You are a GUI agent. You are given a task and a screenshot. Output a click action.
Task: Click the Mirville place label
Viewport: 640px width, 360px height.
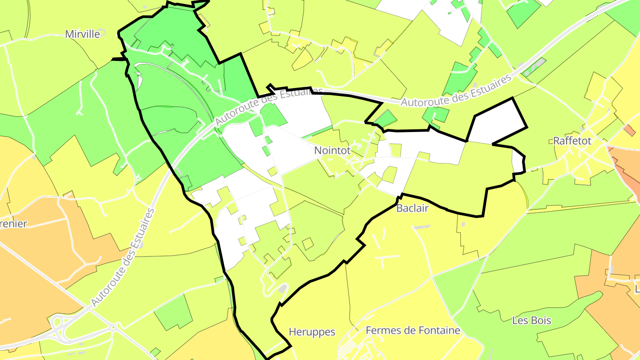click(83, 34)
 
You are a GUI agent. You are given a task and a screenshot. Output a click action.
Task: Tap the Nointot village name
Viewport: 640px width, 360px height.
click(332, 151)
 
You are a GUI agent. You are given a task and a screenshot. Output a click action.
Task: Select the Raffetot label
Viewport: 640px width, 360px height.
click(572, 141)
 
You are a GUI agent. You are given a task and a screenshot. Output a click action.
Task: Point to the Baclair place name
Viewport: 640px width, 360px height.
click(412, 208)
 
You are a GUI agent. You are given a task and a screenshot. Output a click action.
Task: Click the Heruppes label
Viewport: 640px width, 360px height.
click(312, 332)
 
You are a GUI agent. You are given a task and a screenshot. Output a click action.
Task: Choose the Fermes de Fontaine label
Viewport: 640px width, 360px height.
click(412, 330)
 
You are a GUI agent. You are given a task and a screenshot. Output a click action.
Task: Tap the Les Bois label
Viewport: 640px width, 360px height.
click(532, 320)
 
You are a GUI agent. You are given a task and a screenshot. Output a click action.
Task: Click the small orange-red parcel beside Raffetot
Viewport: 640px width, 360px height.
click(629, 130)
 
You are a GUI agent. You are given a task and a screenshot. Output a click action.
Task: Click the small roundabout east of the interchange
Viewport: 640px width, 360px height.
click(114, 328)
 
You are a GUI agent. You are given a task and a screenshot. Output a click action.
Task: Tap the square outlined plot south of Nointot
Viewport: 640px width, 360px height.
click(308, 244)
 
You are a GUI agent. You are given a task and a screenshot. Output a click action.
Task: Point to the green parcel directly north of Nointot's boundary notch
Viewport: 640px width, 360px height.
click(385, 119)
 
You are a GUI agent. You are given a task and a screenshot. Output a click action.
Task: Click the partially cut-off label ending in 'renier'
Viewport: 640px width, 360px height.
click(13, 223)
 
